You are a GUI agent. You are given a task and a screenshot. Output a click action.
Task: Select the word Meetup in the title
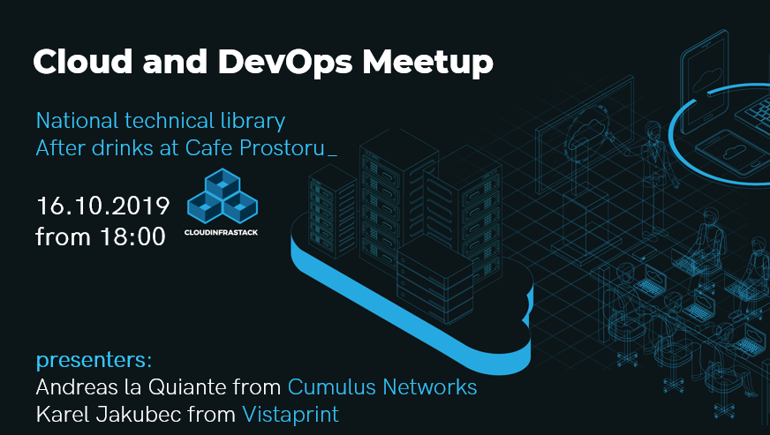pyautogui.click(x=428, y=61)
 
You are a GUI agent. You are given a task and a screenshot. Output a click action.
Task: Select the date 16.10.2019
pyautogui.click(x=102, y=206)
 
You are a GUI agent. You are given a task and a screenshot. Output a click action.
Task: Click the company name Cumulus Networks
pyautogui.click(x=382, y=386)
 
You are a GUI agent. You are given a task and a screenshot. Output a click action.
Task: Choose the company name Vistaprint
pyautogui.click(x=291, y=414)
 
